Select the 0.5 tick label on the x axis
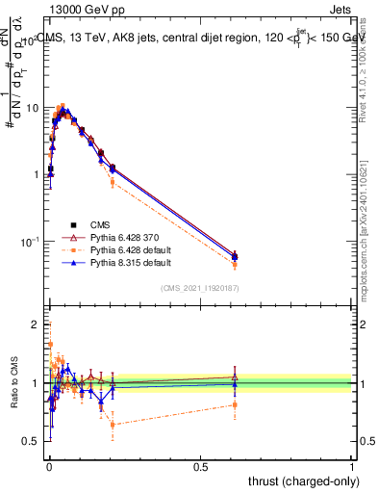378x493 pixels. pyautogui.click(x=200, y=467)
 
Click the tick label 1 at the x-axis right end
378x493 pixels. pyautogui.click(x=352, y=467)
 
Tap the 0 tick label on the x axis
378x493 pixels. pyautogui.click(x=49, y=467)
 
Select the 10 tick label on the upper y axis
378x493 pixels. pyautogui.click(x=32, y=108)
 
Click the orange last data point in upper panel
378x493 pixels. pyautogui.click(x=236, y=264)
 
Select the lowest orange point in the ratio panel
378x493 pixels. pyautogui.click(x=113, y=425)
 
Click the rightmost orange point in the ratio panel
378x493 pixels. pyautogui.click(x=236, y=404)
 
